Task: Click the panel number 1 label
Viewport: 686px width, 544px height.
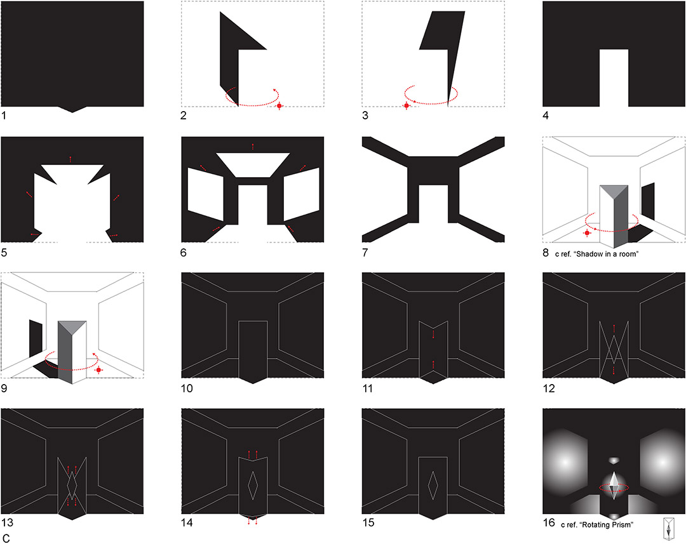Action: [x=4, y=116]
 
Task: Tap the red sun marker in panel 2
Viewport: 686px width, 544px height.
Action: [x=279, y=106]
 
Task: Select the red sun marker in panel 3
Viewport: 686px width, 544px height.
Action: [x=407, y=106]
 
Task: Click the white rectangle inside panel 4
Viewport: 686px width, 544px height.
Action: [x=614, y=78]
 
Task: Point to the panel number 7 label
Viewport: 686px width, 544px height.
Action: [x=365, y=252]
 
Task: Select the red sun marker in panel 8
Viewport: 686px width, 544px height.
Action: [x=587, y=233]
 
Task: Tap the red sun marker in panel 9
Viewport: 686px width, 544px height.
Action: [x=98, y=370]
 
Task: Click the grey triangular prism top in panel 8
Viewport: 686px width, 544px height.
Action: [x=614, y=190]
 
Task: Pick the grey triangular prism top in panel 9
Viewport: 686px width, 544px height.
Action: [x=72, y=327]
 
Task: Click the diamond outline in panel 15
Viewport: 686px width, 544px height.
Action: [x=433, y=485]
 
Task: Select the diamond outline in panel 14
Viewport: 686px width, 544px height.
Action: [x=252, y=485]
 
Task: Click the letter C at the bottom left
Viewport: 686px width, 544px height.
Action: [x=6, y=538]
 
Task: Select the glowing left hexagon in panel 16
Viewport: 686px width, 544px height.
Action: [x=565, y=462]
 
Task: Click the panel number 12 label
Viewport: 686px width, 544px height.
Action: [x=549, y=388]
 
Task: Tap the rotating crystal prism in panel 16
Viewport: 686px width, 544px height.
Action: [x=614, y=486]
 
